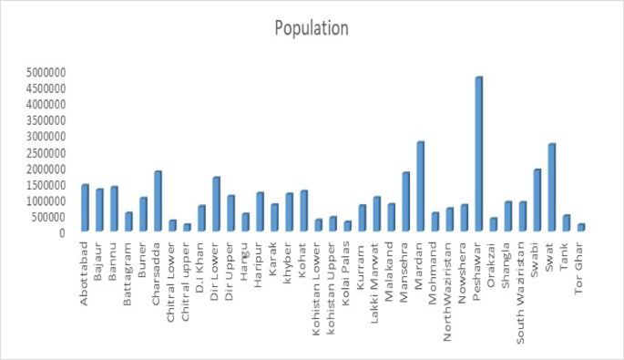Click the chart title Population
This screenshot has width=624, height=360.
(312, 28)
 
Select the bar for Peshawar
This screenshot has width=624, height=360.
(478, 155)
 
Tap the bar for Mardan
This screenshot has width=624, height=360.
(420, 188)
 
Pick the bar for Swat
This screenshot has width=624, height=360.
(551, 189)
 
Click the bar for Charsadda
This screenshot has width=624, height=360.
(157, 202)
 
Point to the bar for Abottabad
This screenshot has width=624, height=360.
(85, 209)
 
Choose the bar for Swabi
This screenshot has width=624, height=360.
(537, 201)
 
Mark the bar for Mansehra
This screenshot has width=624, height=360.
(405, 202)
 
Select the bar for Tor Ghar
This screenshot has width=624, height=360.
(580, 228)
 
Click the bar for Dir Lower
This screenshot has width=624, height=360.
(216, 205)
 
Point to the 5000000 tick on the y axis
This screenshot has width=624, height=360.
(39, 72)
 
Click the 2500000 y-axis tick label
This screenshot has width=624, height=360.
(39, 152)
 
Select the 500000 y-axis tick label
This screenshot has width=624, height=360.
(42, 217)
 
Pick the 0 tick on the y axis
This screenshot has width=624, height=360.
(62, 233)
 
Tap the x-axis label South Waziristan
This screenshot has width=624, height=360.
(522, 283)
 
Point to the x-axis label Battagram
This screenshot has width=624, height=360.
(128, 269)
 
